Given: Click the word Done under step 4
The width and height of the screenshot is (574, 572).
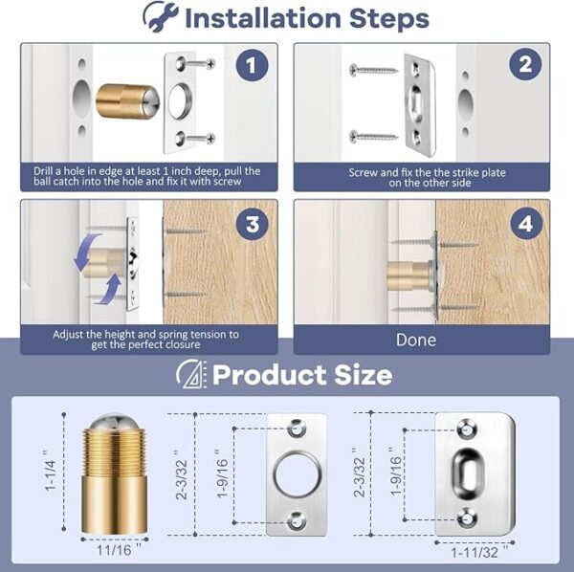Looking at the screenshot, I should tap(416, 340).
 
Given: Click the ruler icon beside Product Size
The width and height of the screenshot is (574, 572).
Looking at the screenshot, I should tap(191, 374).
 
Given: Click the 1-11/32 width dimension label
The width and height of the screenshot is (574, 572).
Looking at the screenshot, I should tap(475, 553).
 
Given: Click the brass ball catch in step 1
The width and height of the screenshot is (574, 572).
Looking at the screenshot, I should tap(121, 101).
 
